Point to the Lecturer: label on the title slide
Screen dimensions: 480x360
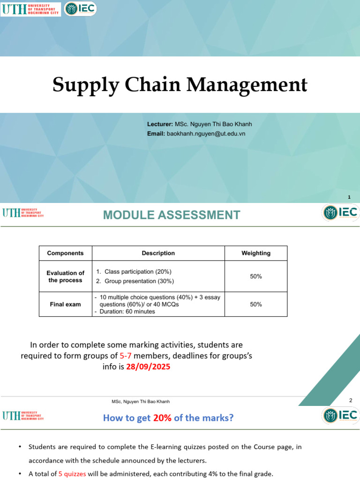(x=160, y=124)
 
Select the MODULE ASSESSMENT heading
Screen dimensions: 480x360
(x=172, y=215)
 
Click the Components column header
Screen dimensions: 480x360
(x=66, y=253)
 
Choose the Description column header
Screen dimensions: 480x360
(x=158, y=253)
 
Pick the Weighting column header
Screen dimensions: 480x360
(x=256, y=253)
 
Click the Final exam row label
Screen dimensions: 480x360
(x=66, y=304)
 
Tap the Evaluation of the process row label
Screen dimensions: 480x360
(x=66, y=277)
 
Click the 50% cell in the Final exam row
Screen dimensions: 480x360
(x=256, y=304)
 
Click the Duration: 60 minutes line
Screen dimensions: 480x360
(x=127, y=311)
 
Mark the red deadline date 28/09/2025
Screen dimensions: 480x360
(x=148, y=367)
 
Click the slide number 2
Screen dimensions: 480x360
(x=350, y=400)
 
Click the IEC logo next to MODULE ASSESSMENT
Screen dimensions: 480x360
(x=341, y=212)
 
